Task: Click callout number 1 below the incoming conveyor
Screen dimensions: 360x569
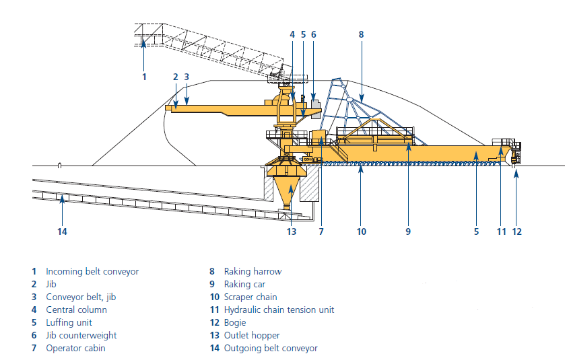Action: click(x=143, y=77)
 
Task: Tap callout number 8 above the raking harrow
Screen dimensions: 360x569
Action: click(x=361, y=34)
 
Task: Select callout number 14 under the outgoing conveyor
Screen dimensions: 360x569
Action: click(x=63, y=232)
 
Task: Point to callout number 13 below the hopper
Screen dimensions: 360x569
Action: click(x=291, y=232)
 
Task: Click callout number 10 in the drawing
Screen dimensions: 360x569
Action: click(x=362, y=232)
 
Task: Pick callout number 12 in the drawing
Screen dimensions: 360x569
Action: click(x=516, y=232)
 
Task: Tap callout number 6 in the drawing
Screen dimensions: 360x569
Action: click(x=313, y=34)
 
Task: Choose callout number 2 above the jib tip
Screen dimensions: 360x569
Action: click(x=175, y=77)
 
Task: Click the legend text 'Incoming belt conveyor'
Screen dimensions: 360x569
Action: click(x=92, y=272)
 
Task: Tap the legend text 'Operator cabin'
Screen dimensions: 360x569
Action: click(x=75, y=349)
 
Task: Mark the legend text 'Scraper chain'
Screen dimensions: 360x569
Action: click(x=250, y=297)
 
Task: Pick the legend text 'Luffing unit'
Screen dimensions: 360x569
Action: click(x=69, y=323)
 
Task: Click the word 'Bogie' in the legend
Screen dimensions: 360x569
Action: click(x=236, y=323)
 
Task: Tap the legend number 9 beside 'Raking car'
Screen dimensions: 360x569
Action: click(x=211, y=285)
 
